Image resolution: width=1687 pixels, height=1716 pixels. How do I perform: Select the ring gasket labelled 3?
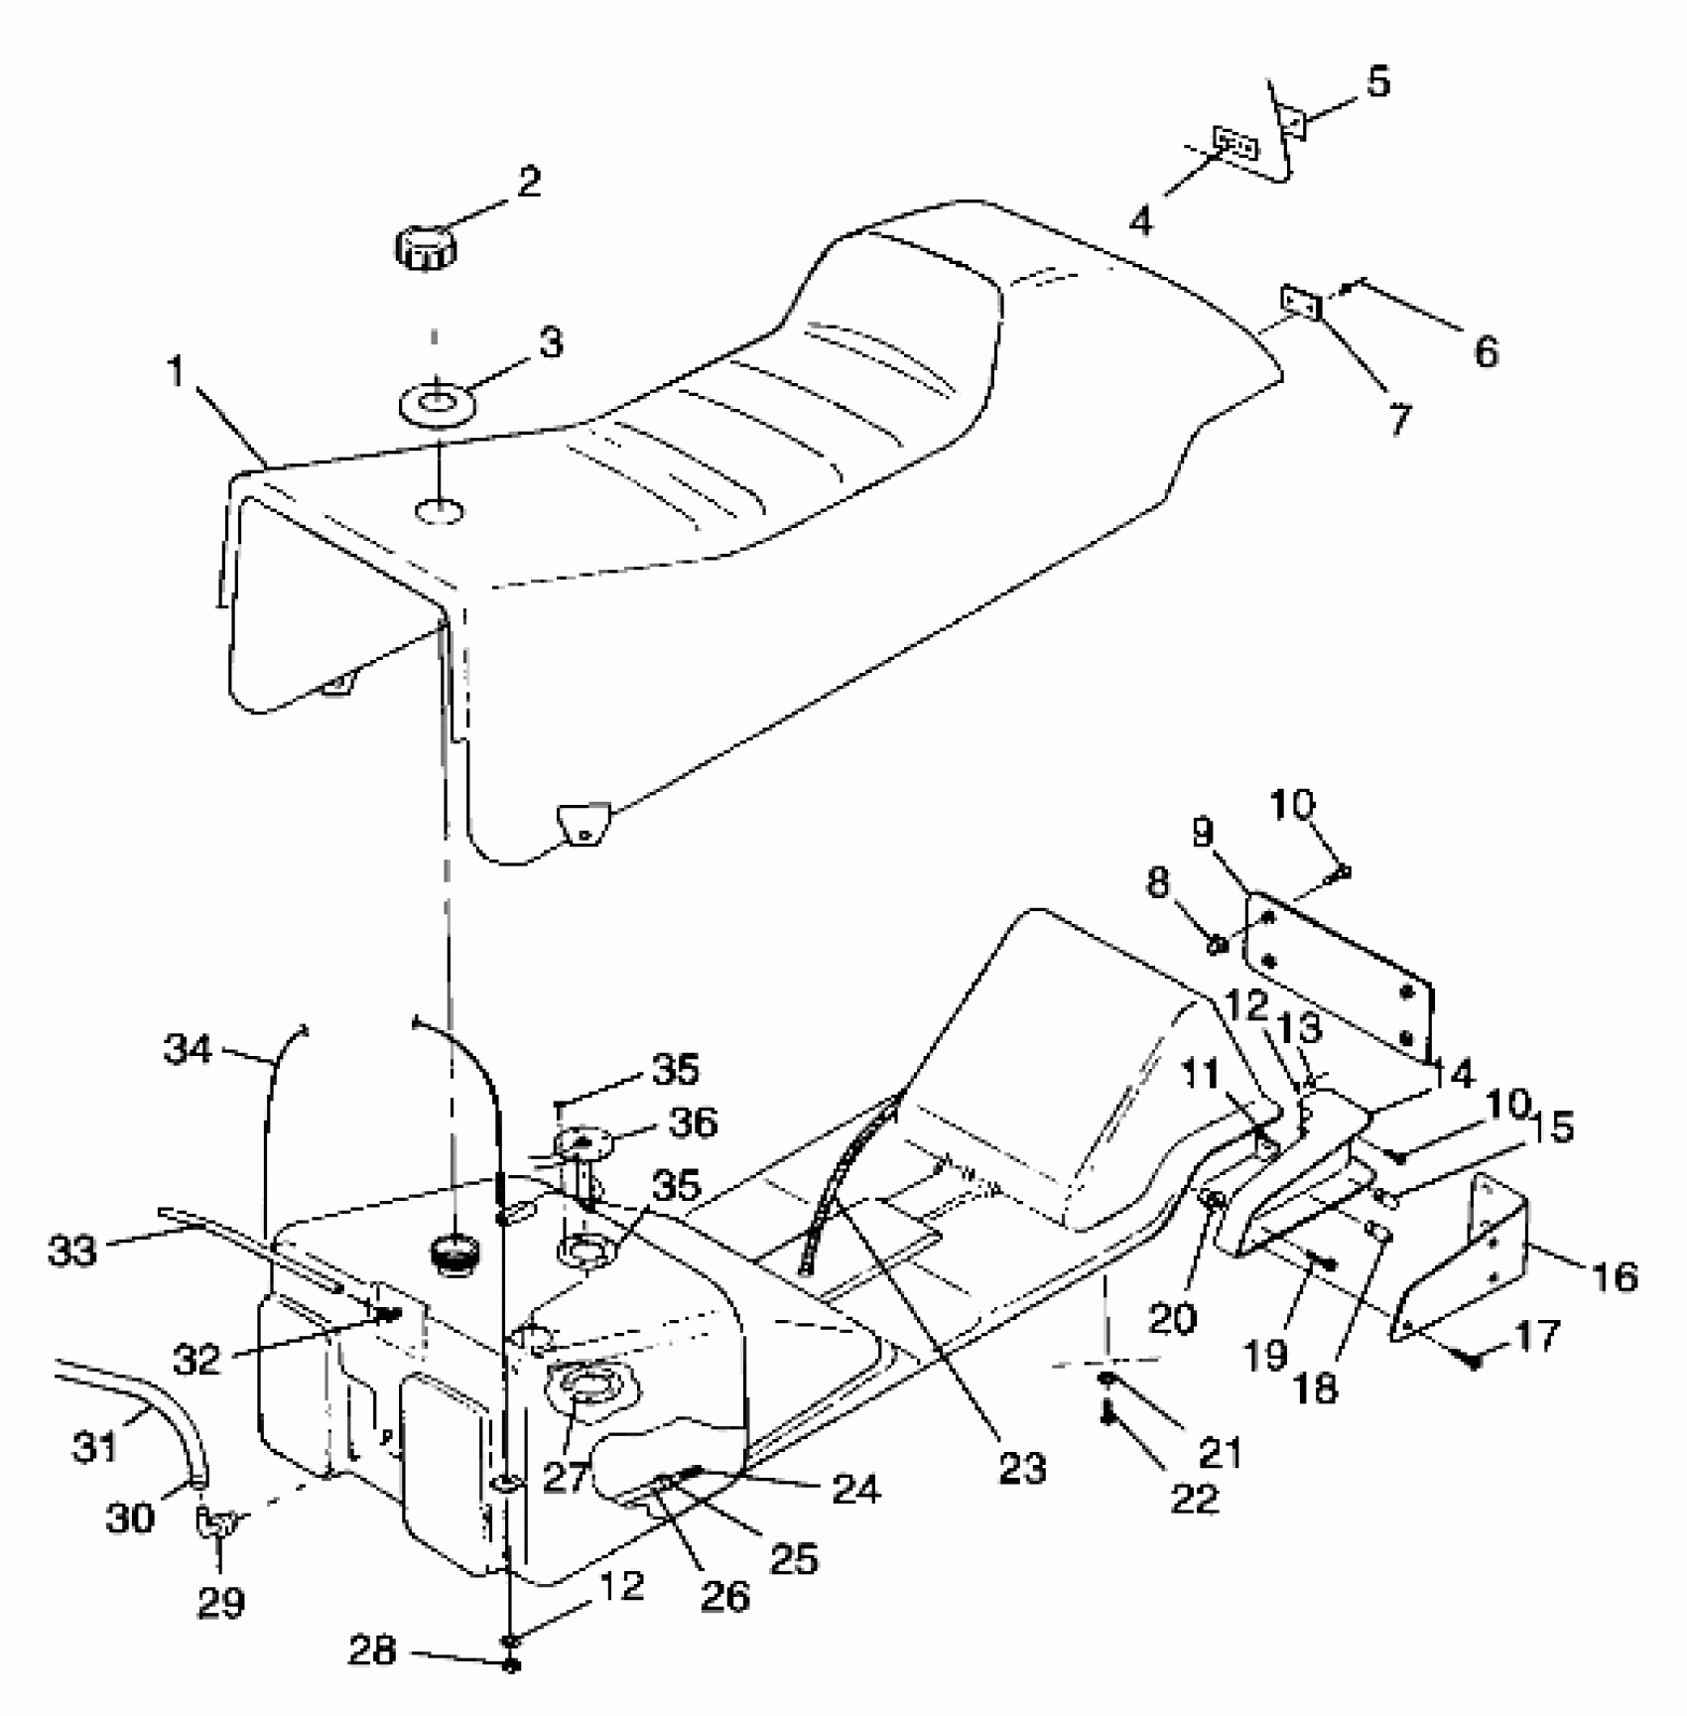pos(435,405)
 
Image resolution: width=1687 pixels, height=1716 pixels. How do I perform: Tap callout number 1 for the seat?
pos(176,372)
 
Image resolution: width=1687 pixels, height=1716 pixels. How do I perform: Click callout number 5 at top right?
pos(1378,82)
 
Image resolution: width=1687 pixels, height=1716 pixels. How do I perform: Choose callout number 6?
pos(1485,350)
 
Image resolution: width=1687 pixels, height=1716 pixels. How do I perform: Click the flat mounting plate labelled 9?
pos(1340,973)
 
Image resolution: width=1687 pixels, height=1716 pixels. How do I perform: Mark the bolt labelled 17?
pos(1475,1363)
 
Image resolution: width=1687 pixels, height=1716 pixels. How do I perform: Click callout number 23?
pos(1022,1468)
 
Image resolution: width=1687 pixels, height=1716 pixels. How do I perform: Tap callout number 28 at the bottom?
pos(371,1651)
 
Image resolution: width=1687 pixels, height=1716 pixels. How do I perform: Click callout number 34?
pos(189,1048)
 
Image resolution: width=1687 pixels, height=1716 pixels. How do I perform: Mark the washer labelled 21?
pos(1105,1380)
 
